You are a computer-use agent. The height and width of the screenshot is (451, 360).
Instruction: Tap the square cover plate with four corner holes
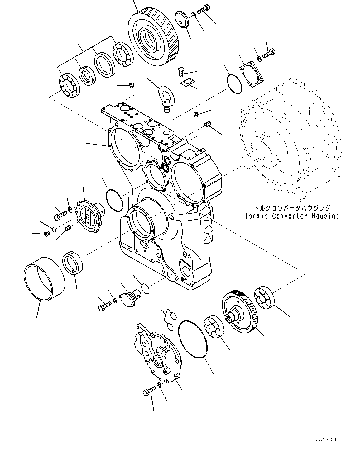(252, 74)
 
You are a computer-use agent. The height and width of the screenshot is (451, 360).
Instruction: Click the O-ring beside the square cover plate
(233, 83)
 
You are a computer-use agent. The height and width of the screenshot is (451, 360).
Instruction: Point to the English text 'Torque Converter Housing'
(291, 216)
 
